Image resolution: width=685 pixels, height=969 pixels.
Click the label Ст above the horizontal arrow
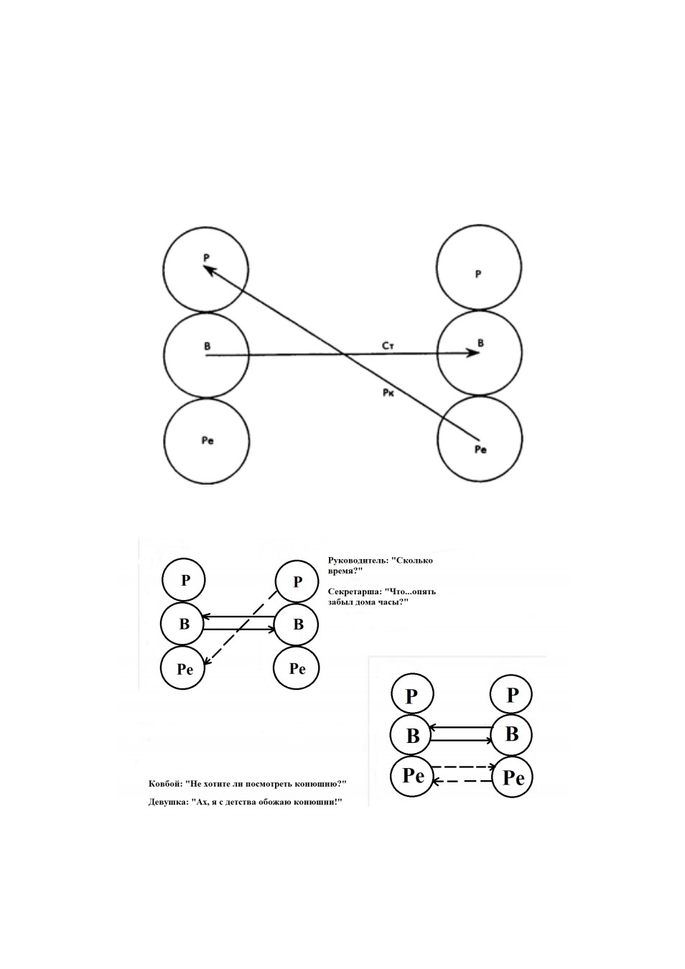[388, 346]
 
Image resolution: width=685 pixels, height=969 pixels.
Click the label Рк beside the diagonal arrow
[388, 393]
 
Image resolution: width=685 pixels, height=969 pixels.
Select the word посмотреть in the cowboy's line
[269, 796]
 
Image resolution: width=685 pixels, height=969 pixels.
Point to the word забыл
[339, 601]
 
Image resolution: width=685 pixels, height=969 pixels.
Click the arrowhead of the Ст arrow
[474, 352]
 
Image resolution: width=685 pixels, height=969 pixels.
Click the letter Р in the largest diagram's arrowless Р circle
[477, 274]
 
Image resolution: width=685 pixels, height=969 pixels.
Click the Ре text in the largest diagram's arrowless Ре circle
[208, 441]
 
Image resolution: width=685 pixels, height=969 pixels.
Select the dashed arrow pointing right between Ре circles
[463, 767]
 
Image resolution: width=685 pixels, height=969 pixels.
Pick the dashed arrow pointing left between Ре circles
[463, 781]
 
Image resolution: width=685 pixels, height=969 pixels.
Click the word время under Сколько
[345, 571]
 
